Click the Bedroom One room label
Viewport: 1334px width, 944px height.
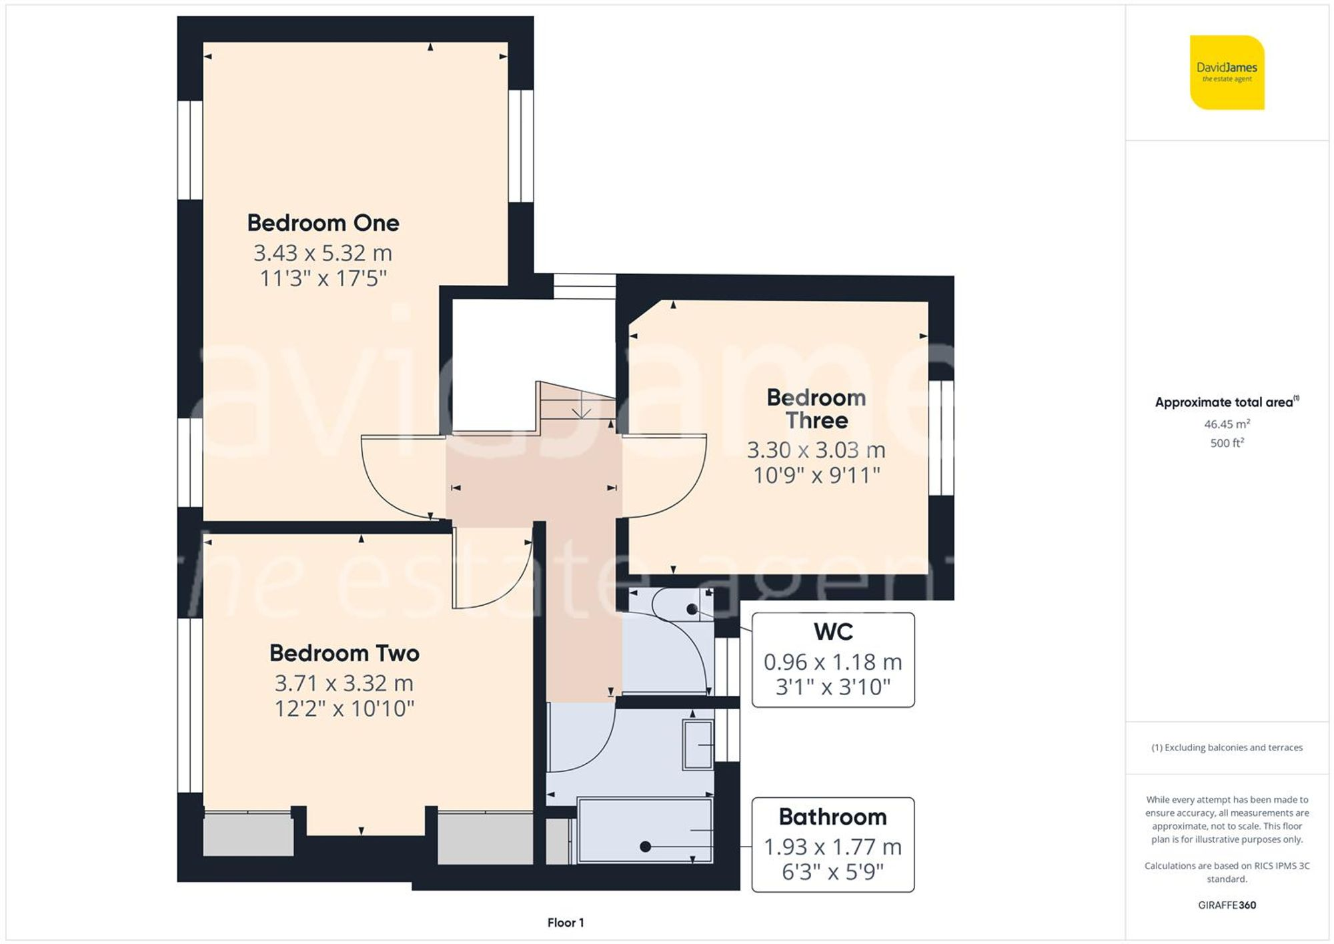click(323, 223)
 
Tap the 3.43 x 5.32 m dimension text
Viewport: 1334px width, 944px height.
click(323, 253)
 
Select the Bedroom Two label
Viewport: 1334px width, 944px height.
click(344, 653)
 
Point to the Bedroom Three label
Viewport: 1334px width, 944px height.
click(816, 409)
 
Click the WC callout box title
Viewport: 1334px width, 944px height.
click(833, 631)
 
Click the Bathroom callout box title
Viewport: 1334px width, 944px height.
click(832, 817)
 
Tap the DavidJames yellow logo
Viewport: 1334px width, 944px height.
click(1227, 72)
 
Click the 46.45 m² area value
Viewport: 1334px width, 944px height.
click(1227, 424)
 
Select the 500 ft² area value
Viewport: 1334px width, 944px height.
click(1227, 443)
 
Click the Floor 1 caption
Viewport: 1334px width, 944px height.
click(565, 923)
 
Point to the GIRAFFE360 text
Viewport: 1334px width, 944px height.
click(1227, 905)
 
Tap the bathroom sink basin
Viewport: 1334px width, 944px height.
click(698, 744)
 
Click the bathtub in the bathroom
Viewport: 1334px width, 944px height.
click(644, 831)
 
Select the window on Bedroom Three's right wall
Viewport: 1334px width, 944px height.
click(940, 438)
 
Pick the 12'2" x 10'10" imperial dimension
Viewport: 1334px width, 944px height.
click(344, 709)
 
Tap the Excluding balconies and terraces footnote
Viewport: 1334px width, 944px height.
click(1227, 748)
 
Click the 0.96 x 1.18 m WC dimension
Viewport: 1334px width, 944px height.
click(832, 662)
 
